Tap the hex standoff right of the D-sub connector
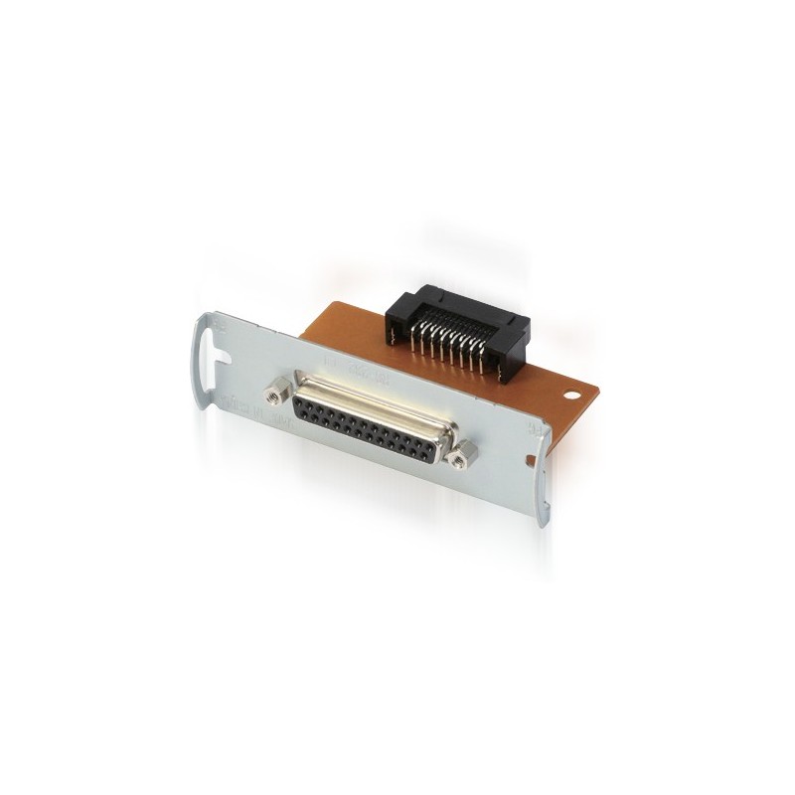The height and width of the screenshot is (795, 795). pos(459,454)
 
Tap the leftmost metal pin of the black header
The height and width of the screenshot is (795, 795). pos(411,338)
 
